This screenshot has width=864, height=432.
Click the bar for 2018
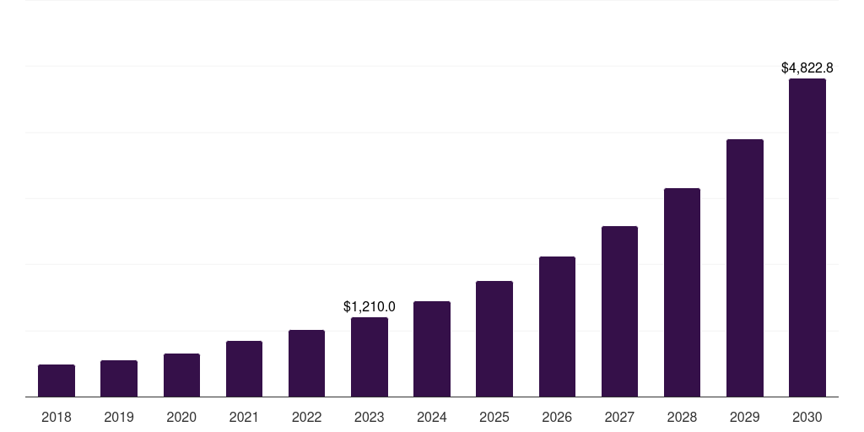click(x=57, y=381)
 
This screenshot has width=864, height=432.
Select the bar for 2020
click(x=181, y=375)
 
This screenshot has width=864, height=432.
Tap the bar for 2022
click(x=306, y=363)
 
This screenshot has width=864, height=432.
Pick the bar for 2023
click(x=370, y=357)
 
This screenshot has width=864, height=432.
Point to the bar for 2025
click(x=494, y=338)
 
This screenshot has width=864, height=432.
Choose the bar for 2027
click(x=619, y=311)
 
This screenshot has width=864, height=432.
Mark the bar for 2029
click(x=745, y=267)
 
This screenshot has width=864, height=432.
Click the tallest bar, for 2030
click(x=807, y=237)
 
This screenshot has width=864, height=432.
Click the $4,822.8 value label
click(x=807, y=67)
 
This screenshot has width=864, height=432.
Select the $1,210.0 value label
click(x=370, y=306)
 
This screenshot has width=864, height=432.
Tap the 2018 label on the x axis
click(x=57, y=417)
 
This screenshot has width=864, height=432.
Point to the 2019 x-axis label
click(x=119, y=417)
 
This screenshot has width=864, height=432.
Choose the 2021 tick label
click(x=244, y=417)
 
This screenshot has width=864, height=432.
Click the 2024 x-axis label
click(x=432, y=417)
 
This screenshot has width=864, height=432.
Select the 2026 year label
click(x=557, y=417)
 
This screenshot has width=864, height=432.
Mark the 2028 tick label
click(x=682, y=417)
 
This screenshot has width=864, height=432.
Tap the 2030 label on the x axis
click(x=807, y=417)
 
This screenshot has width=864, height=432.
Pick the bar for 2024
click(x=432, y=348)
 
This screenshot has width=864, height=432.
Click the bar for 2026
click(x=557, y=327)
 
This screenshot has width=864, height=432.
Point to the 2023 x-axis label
click(x=370, y=417)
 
